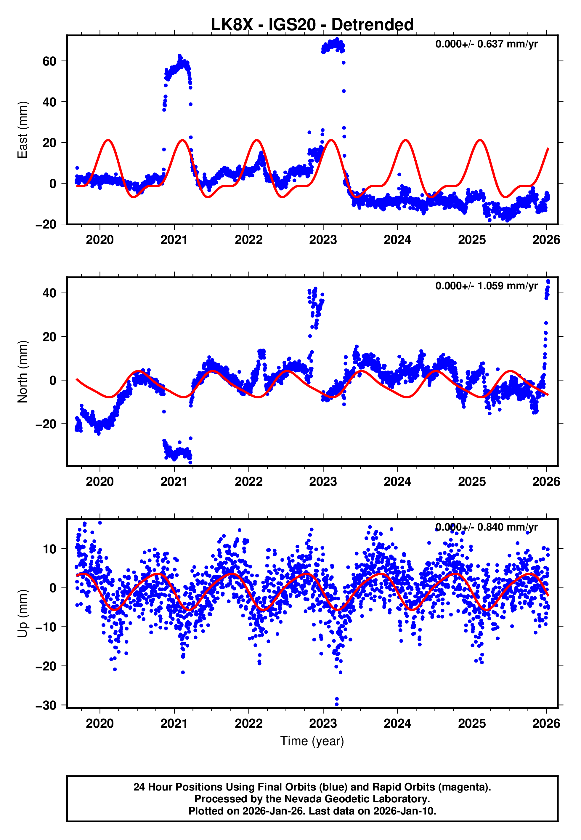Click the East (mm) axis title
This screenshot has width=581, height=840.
(x=23, y=130)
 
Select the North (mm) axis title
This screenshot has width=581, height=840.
(x=23, y=372)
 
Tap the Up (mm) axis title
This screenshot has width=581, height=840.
(x=23, y=614)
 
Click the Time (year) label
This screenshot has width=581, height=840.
(x=312, y=741)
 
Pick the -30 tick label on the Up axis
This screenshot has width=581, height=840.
(x=46, y=706)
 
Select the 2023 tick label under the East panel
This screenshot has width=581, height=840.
(x=323, y=240)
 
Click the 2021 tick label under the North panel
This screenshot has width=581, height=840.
(x=174, y=482)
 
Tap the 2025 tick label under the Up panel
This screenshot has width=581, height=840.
(x=472, y=724)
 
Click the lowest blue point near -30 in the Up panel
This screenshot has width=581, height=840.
(x=337, y=704)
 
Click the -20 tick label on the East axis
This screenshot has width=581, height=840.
(x=46, y=224)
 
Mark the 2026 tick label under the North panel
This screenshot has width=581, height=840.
(x=546, y=482)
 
